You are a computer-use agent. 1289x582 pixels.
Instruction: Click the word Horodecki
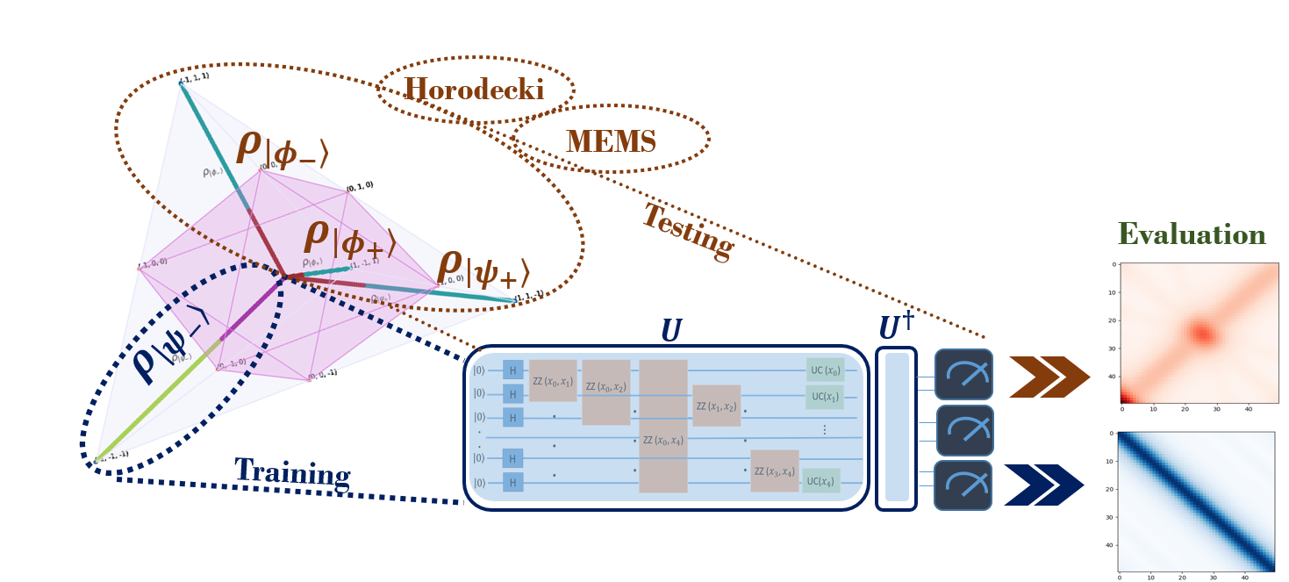[x=474, y=90]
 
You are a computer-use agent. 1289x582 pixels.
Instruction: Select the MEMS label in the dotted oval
[x=611, y=140]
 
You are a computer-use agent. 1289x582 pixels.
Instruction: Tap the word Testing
[x=688, y=231]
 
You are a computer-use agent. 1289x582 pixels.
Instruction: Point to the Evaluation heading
[x=1191, y=235]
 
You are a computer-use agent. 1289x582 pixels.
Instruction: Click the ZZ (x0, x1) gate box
[x=553, y=380]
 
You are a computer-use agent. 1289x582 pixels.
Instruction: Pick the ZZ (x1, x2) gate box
[x=716, y=406]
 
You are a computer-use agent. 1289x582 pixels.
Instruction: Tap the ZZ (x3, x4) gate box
[x=774, y=472]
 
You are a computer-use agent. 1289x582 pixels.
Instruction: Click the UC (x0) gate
[x=825, y=370]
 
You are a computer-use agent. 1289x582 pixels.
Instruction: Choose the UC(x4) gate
[x=820, y=480]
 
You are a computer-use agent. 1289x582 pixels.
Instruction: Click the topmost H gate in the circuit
[x=512, y=370]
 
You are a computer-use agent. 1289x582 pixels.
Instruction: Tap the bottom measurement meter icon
[x=963, y=485]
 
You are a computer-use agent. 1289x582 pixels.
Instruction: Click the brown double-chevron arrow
[x=1048, y=377]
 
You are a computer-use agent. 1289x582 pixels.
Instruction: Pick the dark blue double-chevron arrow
[x=1042, y=485]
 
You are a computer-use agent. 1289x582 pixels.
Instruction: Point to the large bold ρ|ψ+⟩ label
[x=483, y=269]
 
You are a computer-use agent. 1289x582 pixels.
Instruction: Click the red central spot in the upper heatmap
[x=1200, y=333]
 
